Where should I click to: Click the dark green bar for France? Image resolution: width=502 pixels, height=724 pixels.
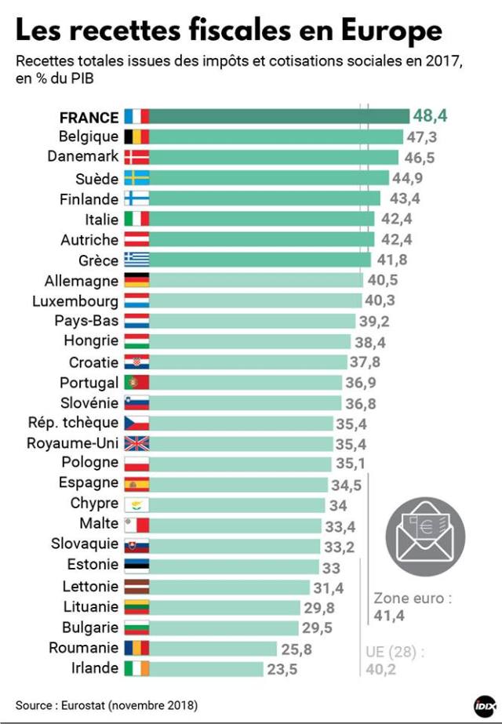tap(278, 117)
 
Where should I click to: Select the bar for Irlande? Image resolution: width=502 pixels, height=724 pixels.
tap(206, 668)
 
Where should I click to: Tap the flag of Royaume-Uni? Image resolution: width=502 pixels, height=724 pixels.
tap(136, 443)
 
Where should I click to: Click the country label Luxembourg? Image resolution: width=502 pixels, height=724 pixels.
tap(76, 300)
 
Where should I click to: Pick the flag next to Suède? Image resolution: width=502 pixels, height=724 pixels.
tap(136, 178)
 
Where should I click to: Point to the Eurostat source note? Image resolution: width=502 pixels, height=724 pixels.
tap(107, 703)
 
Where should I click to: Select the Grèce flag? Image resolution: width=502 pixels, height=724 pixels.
tap(136, 260)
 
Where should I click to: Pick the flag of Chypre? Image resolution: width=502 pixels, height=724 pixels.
tap(136, 504)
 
